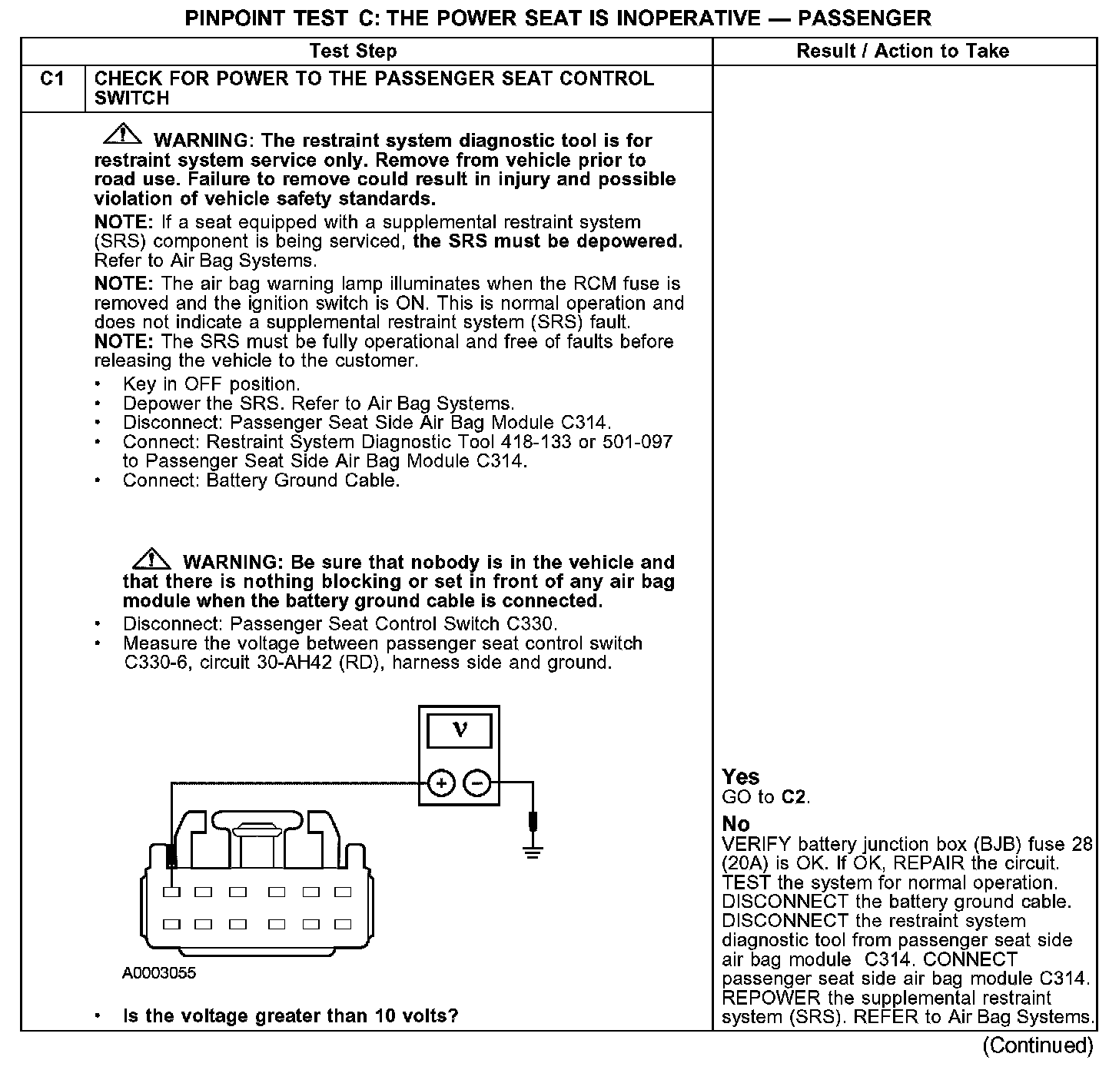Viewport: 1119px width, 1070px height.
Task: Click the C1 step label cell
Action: (52, 79)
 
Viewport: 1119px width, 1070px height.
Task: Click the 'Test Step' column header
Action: (353, 52)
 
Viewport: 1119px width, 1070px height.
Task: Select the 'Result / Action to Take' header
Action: (902, 52)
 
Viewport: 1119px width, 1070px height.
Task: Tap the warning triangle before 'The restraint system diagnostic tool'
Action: (121, 135)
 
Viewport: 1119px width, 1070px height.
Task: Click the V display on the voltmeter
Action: (460, 729)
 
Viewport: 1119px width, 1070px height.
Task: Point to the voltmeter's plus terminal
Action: (441, 783)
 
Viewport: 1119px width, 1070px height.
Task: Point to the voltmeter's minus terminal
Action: (477, 783)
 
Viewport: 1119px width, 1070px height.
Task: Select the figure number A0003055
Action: (159, 973)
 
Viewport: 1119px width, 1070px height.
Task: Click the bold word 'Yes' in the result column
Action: (741, 777)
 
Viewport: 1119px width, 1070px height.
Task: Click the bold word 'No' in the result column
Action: (735, 824)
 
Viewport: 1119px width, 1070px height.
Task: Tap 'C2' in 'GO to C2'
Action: (795, 797)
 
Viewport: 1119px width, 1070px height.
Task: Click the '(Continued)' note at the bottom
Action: (1038, 1045)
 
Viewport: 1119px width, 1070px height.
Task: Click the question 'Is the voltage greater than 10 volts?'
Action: (291, 1016)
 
